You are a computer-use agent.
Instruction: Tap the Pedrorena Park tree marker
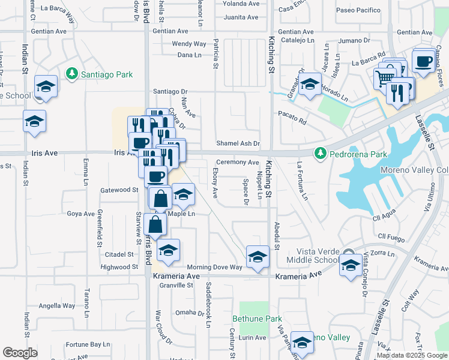pos(321,154)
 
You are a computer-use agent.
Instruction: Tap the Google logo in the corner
pos(20,352)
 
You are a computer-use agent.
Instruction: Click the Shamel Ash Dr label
pos(238,143)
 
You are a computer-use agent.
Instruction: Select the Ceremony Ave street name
pos(237,162)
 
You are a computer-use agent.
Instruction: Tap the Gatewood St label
pos(119,190)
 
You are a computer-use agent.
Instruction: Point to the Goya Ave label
pos(81,213)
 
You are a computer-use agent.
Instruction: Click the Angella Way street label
pos(57,305)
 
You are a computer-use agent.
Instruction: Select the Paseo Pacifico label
pos(358,10)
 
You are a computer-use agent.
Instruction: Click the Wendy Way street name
pos(189,44)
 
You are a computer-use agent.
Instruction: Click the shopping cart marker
pos(385,77)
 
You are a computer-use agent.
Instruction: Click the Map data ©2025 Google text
pos(411,355)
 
